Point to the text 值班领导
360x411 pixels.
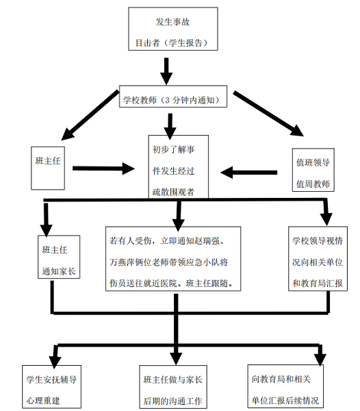(x=312, y=163)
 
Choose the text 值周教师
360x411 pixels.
(x=312, y=184)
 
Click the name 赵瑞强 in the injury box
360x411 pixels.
(x=220, y=242)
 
